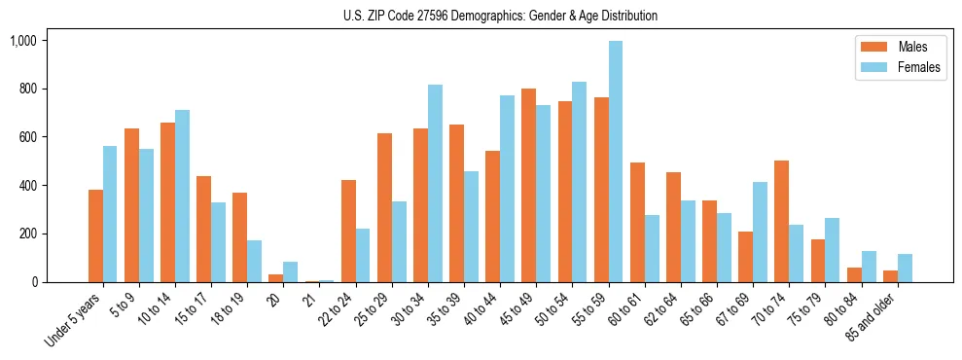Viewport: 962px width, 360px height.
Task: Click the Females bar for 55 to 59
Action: click(x=615, y=162)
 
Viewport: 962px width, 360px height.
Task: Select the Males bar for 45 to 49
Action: click(x=528, y=186)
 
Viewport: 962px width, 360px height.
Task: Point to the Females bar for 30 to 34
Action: click(x=435, y=184)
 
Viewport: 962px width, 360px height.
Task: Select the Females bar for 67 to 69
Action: click(x=760, y=233)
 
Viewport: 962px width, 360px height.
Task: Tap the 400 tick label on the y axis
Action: click(x=28, y=186)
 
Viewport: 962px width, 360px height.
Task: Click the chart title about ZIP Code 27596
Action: click(x=500, y=16)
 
